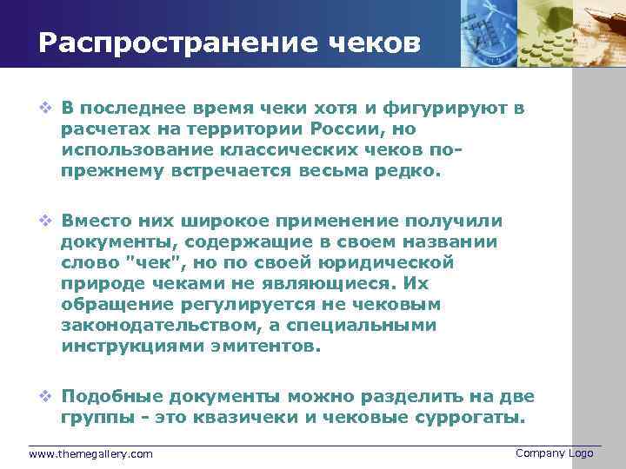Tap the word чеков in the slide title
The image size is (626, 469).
371,43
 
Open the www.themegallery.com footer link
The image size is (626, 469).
90,454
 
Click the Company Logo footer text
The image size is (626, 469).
554,453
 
